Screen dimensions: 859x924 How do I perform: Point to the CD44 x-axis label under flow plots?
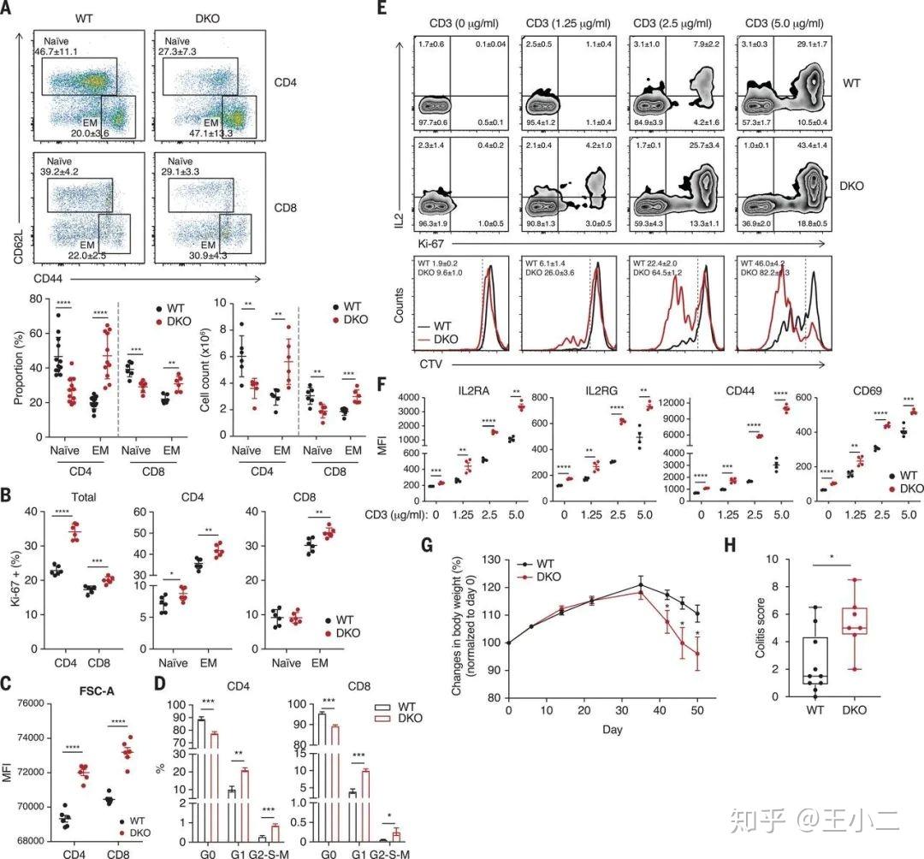pyautogui.click(x=50, y=279)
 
